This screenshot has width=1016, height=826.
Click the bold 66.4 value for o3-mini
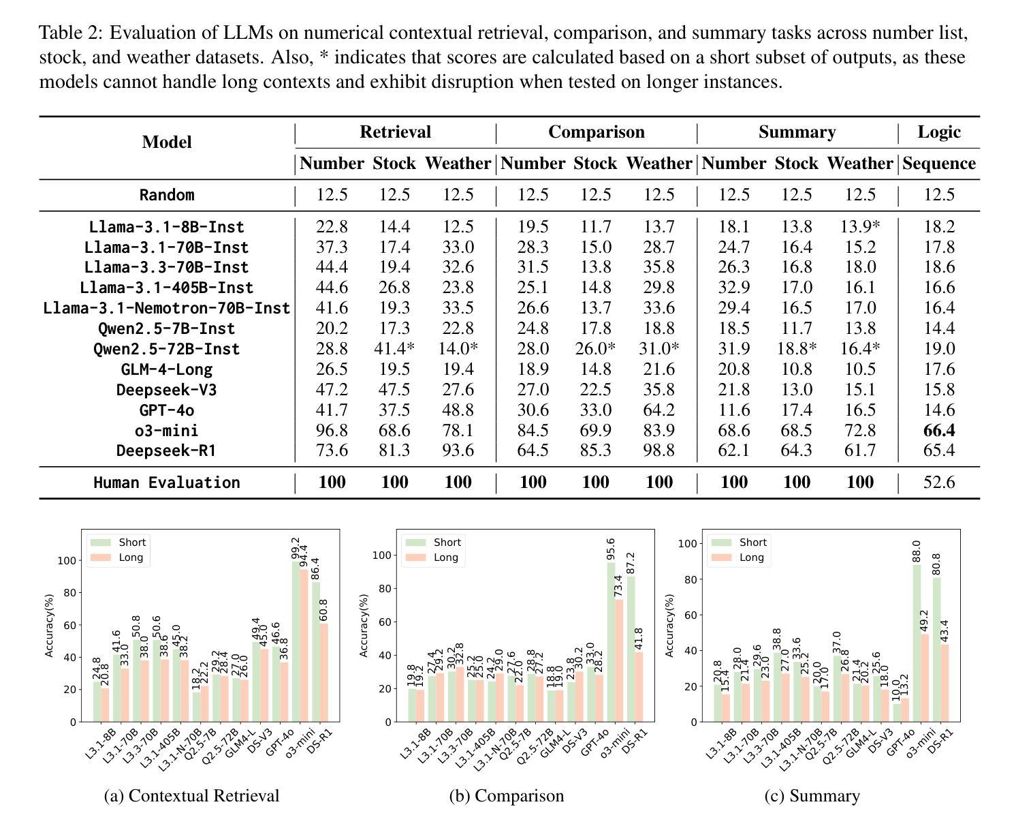pyautogui.click(x=938, y=430)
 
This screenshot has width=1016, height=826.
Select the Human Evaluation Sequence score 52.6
pyautogui.click(x=938, y=482)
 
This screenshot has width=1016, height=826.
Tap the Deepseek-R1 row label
pyautogui.click(x=166, y=450)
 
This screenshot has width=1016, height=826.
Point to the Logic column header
pyautogui.click(x=938, y=132)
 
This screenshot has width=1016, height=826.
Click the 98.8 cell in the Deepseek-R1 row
pyautogui.click(x=658, y=450)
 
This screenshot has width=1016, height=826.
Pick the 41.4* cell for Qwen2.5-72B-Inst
pyautogui.click(x=394, y=348)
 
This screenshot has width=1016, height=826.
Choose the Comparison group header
pyautogui.click(x=596, y=132)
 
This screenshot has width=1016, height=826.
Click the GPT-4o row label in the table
pyautogui.click(x=166, y=410)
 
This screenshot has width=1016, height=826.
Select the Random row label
pyautogui.click(x=166, y=195)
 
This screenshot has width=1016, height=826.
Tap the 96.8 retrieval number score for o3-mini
pyautogui.click(x=332, y=430)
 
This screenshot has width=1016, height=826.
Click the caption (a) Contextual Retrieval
pyautogui.click(x=191, y=795)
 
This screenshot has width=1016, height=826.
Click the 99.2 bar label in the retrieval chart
pyautogui.click(x=296, y=548)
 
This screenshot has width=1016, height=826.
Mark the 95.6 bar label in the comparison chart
pyautogui.click(x=611, y=549)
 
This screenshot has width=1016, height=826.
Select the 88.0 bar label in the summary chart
pyautogui.click(x=916, y=551)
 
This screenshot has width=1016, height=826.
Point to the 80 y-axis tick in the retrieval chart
pyautogui.click(x=69, y=592)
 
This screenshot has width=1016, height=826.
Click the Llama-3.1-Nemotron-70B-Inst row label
pyautogui.click(x=166, y=308)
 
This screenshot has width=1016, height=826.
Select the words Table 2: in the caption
pyautogui.click(x=71, y=33)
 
